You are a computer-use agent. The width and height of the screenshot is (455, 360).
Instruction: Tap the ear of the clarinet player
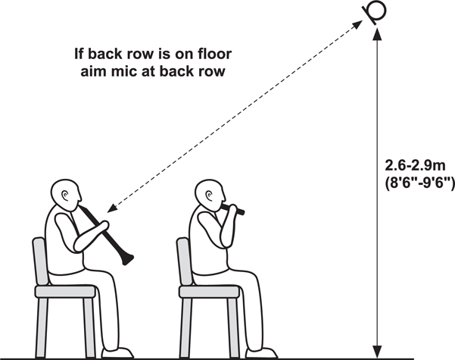65,196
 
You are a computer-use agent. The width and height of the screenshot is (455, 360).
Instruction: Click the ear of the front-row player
210,196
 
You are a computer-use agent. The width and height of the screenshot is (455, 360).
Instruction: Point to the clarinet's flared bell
127,259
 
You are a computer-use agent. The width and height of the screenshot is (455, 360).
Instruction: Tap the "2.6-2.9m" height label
415,165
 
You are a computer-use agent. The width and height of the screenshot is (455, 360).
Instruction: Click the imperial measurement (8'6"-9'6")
419,183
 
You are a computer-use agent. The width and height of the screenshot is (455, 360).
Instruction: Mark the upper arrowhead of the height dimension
377,33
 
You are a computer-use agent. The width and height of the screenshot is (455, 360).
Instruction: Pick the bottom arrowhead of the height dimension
377,352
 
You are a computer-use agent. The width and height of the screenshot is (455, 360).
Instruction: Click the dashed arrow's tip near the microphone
357,24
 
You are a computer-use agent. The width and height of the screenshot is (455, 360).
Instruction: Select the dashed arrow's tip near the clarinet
112,208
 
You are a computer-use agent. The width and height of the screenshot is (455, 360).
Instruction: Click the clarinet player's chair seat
65,292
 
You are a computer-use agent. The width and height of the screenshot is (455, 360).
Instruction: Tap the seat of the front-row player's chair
209,292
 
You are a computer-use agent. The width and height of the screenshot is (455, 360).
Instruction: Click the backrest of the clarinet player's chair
41,261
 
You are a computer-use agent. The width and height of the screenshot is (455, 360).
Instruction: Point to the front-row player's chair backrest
185,261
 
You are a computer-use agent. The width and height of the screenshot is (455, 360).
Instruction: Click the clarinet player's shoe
117,352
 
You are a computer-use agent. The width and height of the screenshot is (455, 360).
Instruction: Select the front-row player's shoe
261,352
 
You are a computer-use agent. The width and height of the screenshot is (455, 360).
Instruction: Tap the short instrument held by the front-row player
232,208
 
